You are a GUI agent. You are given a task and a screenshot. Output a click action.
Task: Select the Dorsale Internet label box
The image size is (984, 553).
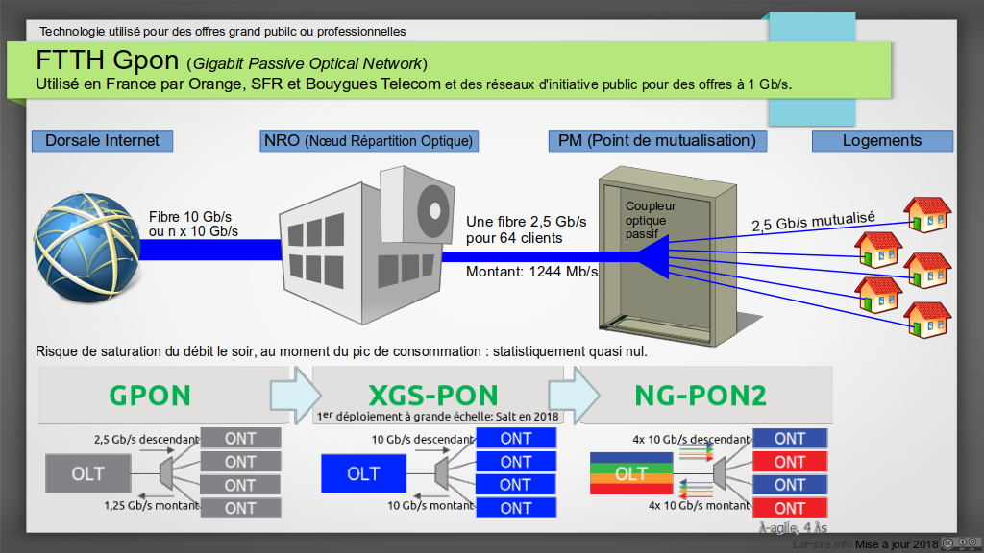pos(102,140)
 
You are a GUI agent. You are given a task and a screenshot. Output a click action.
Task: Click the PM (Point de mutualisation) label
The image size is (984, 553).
pos(657,141)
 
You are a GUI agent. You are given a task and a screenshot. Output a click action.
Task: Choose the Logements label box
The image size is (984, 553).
pos(882,141)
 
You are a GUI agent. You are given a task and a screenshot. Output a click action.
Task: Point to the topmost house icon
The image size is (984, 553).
pos(927,215)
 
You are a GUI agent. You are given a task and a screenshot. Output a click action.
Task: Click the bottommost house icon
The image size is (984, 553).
pos(927,320)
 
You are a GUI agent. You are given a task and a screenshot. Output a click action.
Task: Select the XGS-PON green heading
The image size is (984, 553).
pos(433,395)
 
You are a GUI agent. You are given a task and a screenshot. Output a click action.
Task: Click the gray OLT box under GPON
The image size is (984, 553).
pos(87,474)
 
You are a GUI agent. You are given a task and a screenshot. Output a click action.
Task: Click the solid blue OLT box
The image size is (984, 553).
pos(363,474)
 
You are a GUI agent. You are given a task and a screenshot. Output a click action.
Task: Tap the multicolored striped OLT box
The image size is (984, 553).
pos(631,474)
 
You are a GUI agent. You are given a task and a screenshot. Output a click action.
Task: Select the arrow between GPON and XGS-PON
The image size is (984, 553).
pos(292,395)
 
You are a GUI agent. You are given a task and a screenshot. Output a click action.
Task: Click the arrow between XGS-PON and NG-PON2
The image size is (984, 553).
pos(573,395)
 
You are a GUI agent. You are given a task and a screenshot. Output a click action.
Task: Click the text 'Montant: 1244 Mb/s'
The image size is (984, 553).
pos(531,272)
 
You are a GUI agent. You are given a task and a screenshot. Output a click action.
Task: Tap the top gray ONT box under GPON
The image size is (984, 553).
pos(240,439)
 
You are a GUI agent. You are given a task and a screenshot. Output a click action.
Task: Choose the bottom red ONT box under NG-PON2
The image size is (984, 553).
pos(790,508)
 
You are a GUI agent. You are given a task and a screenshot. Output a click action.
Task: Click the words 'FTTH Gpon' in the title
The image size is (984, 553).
pos(108,60)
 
